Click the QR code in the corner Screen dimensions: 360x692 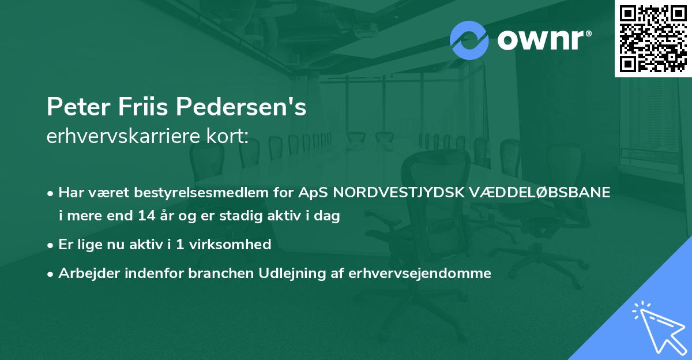tap(653, 39)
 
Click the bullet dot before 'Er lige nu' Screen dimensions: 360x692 tap(51, 245)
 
